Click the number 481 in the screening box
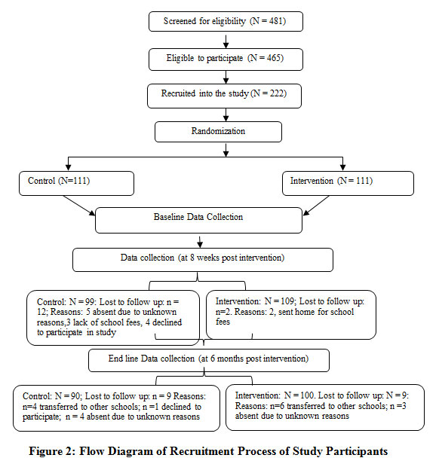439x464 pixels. [x=276, y=21]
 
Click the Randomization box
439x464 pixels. [x=218, y=132]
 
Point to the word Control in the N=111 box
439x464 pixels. [x=41, y=181]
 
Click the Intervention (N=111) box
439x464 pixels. [x=348, y=183]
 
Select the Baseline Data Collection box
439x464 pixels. [x=198, y=220]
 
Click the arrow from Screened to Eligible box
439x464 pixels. [x=226, y=41]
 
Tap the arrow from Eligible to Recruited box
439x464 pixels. [x=226, y=78]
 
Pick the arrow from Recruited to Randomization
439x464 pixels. [x=226, y=114]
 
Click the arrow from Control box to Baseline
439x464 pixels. [x=79, y=206]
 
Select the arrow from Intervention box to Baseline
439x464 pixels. [x=316, y=206]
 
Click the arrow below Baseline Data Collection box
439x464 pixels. [x=200, y=242]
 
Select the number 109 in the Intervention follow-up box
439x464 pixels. [x=287, y=301]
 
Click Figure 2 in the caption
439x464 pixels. [x=52, y=452]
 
